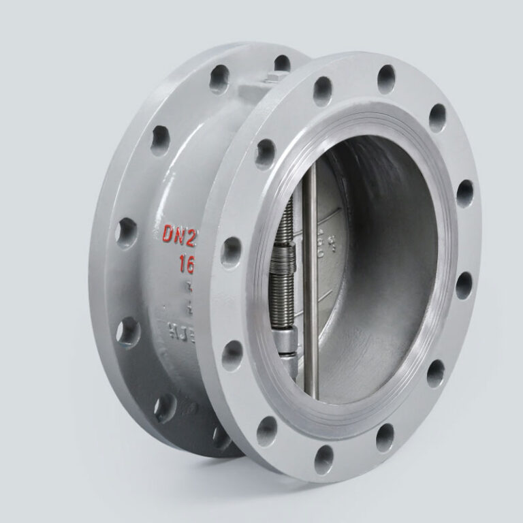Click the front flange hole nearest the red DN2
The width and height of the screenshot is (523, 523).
[x=232, y=251]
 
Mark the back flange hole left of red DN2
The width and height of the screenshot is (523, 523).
[x=125, y=233]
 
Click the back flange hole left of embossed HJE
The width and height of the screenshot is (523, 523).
[x=127, y=332]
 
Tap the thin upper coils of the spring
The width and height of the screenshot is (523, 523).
[x=286, y=225]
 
